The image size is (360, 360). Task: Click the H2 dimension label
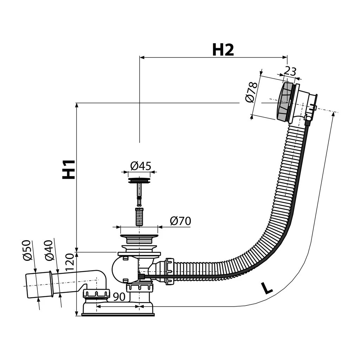point(223,50)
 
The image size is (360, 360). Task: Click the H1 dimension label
point(69,169)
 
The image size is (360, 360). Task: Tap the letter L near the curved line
point(267,288)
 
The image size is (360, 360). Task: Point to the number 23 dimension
point(290,71)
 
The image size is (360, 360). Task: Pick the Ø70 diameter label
point(180,221)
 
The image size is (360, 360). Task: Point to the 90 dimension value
point(119,297)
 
